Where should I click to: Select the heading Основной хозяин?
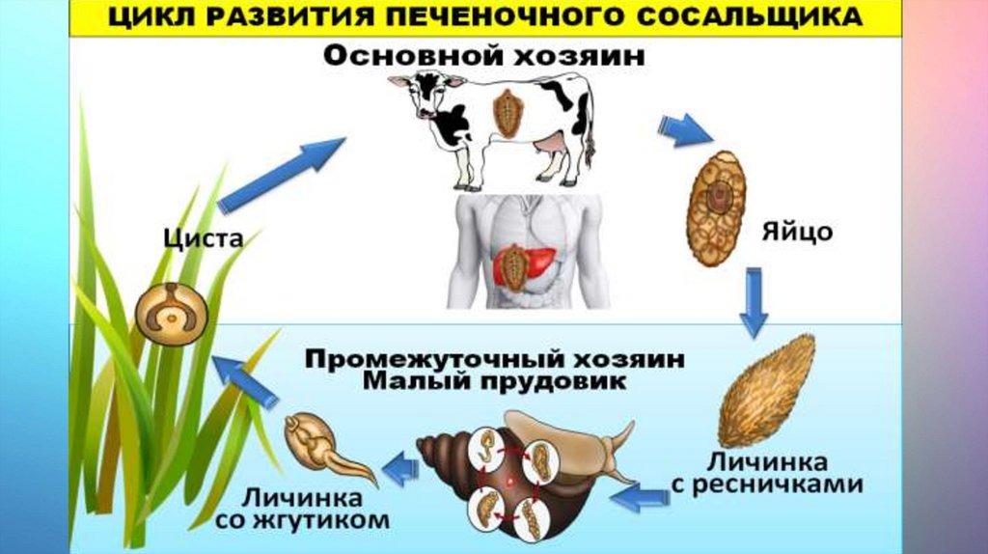[483, 56]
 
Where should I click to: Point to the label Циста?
[202, 238]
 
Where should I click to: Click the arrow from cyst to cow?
[281, 173]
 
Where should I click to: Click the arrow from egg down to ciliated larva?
[755, 304]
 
